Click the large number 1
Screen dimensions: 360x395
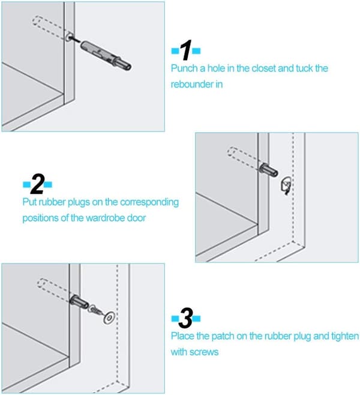click(186, 50)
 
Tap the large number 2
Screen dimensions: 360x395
click(38, 184)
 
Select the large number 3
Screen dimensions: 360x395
click(186, 318)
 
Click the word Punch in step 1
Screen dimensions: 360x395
click(184, 68)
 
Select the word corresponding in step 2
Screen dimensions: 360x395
click(149, 202)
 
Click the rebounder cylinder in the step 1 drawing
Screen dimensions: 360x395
click(106, 56)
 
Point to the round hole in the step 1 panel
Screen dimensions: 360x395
click(69, 37)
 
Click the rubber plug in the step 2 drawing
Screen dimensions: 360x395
click(286, 185)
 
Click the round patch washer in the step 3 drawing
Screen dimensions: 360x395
click(109, 318)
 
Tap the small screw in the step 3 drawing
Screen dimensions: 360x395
click(95, 309)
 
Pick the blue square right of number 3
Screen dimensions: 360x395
click(197, 319)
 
